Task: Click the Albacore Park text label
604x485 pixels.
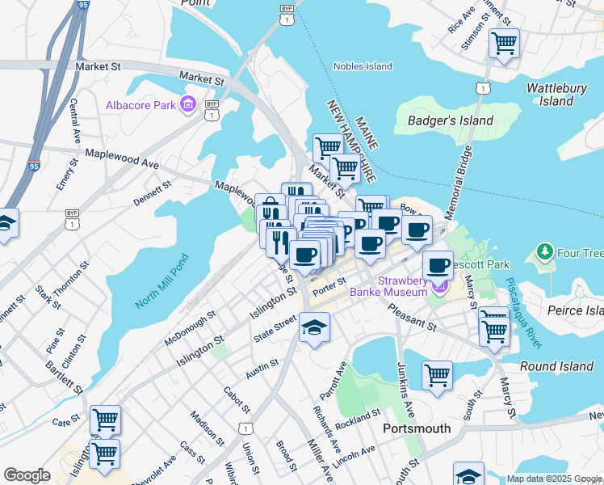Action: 141,106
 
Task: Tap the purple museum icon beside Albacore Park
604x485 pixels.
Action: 187,103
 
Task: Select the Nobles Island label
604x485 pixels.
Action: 363,66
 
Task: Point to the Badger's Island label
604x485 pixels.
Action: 445,120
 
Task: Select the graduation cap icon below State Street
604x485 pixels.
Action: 314,328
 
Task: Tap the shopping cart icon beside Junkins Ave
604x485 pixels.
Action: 437,375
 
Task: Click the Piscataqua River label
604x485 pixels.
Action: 524,313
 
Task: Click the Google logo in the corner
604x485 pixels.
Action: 27,475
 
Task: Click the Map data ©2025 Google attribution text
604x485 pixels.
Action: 554,479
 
